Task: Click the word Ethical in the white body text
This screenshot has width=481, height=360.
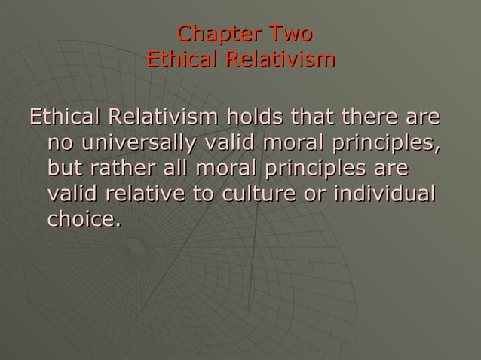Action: tap(63, 118)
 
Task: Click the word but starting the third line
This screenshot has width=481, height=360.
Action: tap(63, 169)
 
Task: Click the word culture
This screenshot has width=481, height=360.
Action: tap(257, 194)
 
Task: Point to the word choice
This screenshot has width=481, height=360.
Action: tap(83, 220)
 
